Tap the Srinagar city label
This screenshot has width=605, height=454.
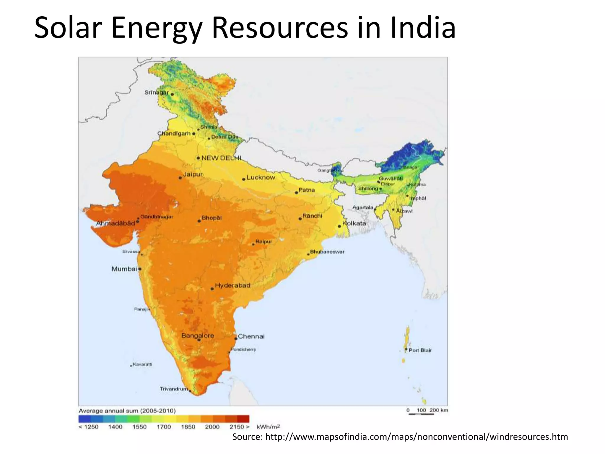[x=156, y=93]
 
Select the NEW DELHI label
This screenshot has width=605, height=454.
[x=221, y=158]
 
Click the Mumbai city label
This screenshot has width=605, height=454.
[x=124, y=269]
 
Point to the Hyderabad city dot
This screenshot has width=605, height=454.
[x=212, y=289]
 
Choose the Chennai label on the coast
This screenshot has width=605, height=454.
[x=251, y=336]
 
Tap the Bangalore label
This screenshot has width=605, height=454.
[x=197, y=335]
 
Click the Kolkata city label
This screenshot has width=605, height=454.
[x=354, y=223]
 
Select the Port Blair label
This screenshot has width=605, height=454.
[x=420, y=350]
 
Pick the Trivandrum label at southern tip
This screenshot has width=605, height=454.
[x=174, y=389]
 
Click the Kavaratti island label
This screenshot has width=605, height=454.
[x=142, y=364]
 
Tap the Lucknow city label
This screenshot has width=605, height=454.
[x=261, y=177]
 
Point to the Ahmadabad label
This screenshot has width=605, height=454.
[x=116, y=223]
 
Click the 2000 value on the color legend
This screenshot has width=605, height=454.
[x=212, y=427]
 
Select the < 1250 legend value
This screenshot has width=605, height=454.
[x=89, y=427]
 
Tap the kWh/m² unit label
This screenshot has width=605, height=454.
[x=268, y=427]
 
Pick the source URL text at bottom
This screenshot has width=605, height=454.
[x=400, y=437]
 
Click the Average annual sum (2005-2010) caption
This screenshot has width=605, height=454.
[x=127, y=411]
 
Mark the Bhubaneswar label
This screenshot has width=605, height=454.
[x=327, y=252]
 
